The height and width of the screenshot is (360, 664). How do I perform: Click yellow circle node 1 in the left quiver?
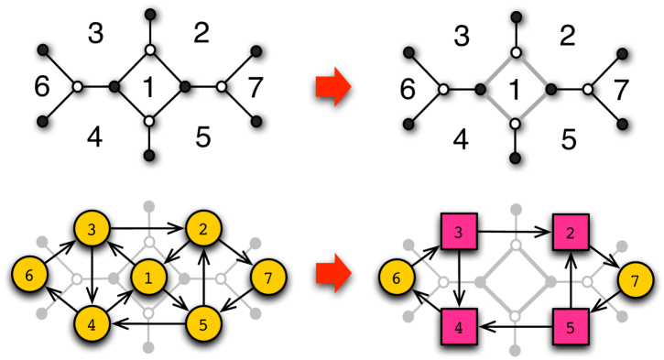[149, 276]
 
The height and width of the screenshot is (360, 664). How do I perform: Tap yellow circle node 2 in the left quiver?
[204, 231]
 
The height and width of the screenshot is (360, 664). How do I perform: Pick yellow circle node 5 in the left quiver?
[204, 322]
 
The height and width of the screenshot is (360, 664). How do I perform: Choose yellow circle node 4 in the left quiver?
[93, 322]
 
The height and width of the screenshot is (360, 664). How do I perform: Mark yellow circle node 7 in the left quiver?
[266, 276]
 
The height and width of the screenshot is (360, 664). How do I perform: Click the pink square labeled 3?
[459, 231]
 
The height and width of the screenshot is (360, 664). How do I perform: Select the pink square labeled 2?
[570, 231]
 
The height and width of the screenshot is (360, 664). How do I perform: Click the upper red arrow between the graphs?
[333, 88]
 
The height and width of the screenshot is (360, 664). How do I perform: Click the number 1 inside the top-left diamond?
[147, 88]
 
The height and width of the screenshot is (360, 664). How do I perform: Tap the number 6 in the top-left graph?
[41, 88]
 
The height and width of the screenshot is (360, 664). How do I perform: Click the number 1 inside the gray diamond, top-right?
[515, 89]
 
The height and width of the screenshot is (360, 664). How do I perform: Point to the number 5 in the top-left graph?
[203, 137]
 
